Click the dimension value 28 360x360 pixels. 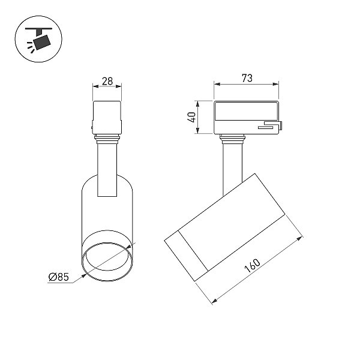[107, 81]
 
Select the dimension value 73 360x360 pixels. [247, 78]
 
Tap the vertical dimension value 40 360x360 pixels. [191, 117]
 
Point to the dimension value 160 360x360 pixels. [253, 266]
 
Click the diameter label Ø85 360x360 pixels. [59, 277]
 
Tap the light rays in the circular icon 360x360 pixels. [31, 47]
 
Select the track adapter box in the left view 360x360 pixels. [107, 118]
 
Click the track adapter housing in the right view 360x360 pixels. [247, 118]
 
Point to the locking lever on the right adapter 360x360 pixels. [271, 125]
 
